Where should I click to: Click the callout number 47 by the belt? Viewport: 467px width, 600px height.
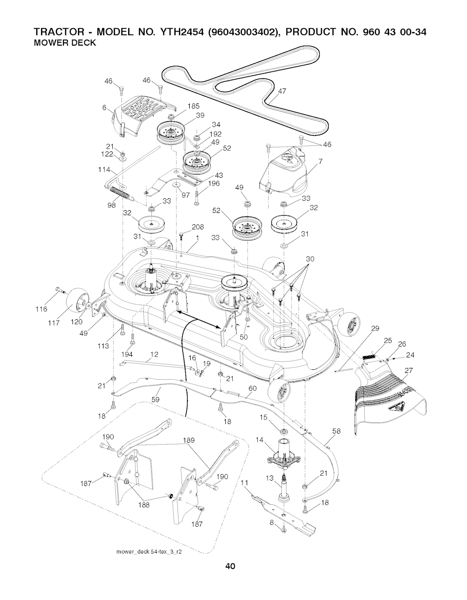click(x=282, y=91)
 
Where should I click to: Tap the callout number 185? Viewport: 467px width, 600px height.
click(x=193, y=106)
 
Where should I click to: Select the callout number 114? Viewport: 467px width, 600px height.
click(x=104, y=170)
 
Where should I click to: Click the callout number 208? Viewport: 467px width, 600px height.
click(x=198, y=227)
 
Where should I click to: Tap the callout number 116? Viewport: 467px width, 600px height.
click(x=41, y=309)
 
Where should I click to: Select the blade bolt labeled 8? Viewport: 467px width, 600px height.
click(x=284, y=530)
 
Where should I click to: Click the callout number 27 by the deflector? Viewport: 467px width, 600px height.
click(x=408, y=371)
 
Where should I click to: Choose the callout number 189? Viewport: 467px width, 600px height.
click(x=189, y=440)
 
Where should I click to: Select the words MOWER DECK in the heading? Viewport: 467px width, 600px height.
click(x=65, y=43)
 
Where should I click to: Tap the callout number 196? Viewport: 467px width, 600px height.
click(x=214, y=183)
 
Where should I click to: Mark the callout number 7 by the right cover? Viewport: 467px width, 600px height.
click(x=320, y=161)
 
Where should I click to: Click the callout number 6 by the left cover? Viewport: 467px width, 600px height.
click(x=104, y=108)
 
